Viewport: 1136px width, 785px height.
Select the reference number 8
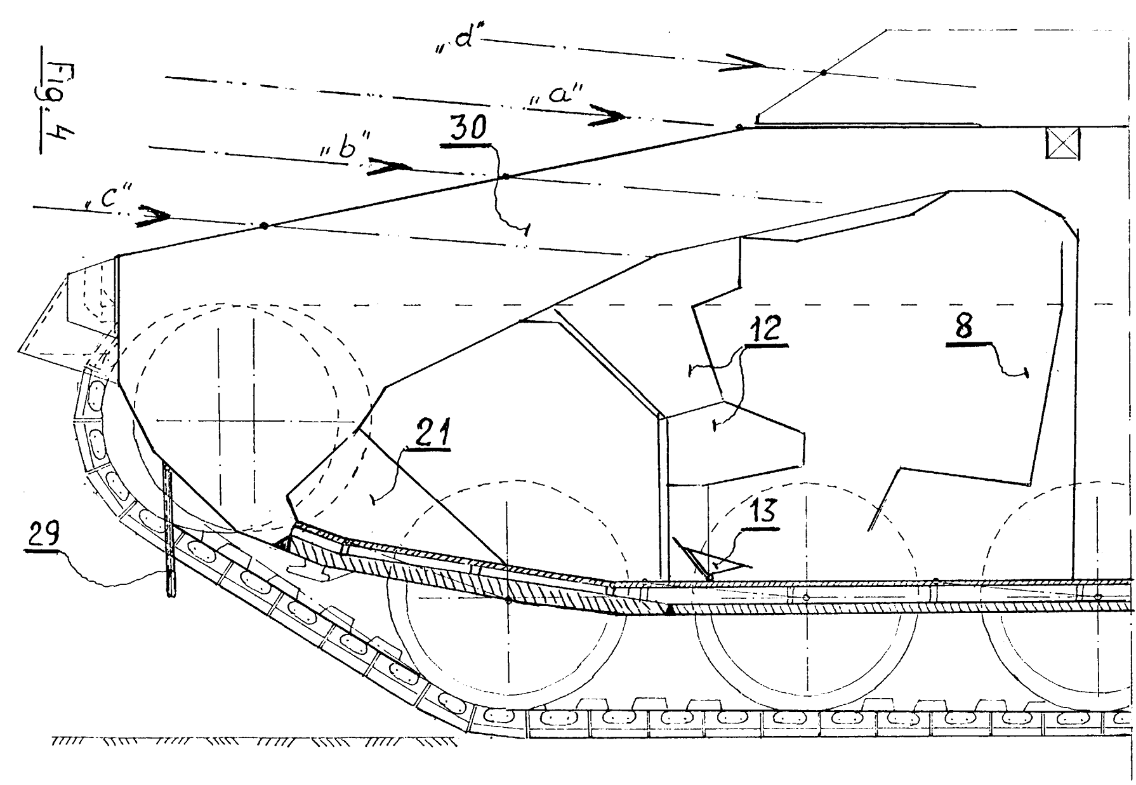(964, 327)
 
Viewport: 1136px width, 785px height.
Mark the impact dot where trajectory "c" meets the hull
(265, 225)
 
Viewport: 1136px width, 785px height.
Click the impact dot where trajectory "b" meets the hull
(505, 175)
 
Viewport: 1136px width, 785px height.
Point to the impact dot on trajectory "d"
(823, 73)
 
